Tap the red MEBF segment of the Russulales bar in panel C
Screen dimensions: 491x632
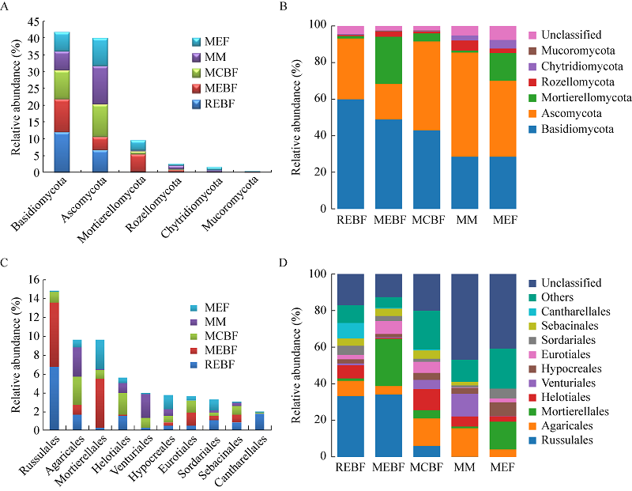point(54,335)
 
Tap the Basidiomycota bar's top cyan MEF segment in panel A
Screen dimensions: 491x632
point(61,42)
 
